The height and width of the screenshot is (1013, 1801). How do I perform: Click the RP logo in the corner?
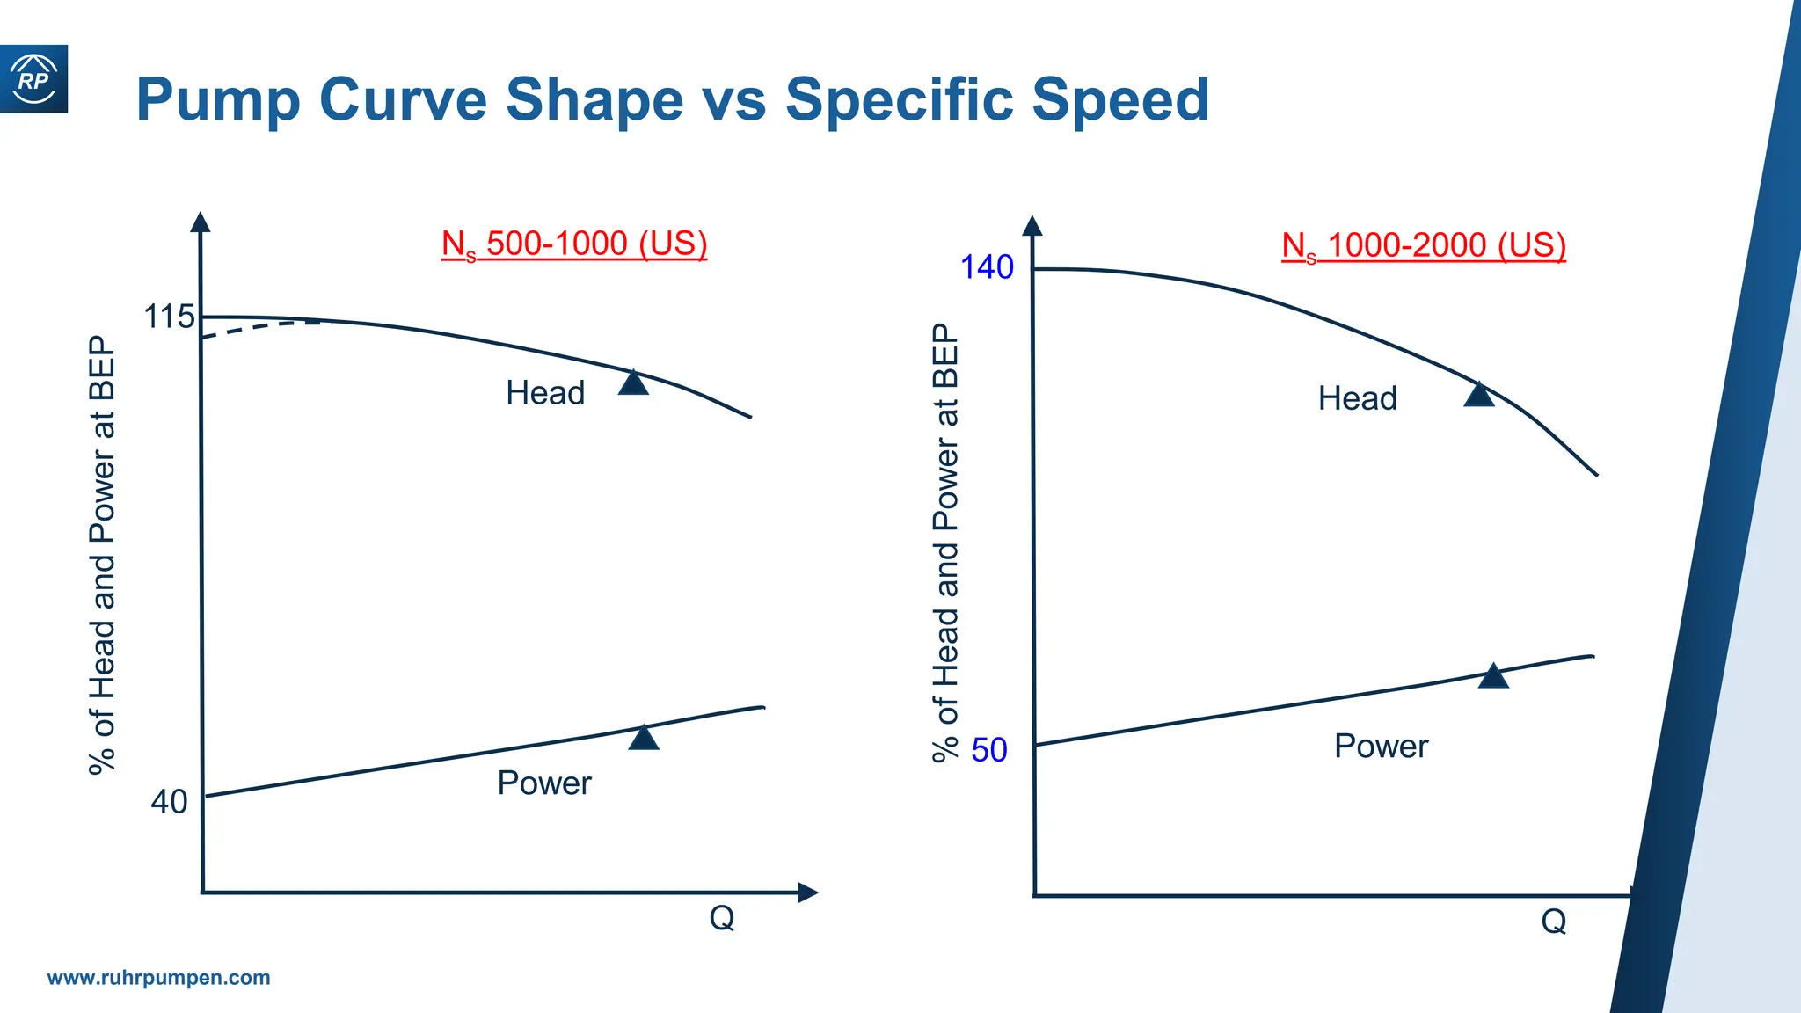click(x=33, y=79)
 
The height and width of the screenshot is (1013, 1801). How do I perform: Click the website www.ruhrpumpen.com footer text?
click(x=158, y=978)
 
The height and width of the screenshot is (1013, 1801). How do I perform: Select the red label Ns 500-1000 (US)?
click(x=574, y=244)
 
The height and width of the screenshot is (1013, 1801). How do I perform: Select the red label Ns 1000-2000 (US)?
click(x=1424, y=246)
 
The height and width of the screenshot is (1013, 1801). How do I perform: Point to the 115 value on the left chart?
click(x=169, y=317)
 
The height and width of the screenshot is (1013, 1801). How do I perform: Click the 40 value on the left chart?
click(x=169, y=802)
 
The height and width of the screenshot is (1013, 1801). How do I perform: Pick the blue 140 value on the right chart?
click(x=987, y=267)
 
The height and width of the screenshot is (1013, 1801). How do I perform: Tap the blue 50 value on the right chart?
click(x=989, y=750)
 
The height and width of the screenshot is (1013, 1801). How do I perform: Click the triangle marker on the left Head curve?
click(x=633, y=383)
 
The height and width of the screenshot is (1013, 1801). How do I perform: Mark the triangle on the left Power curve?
click(x=644, y=738)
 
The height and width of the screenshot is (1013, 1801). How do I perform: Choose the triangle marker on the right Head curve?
click(x=1479, y=395)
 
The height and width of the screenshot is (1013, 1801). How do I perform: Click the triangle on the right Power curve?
click(x=1493, y=676)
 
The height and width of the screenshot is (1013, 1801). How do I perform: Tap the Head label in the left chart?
click(x=545, y=393)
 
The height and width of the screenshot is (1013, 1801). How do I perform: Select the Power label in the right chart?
click(x=1381, y=747)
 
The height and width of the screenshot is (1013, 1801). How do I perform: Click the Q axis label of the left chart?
click(x=722, y=918)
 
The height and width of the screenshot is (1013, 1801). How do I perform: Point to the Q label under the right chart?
click(x=1554, y=922)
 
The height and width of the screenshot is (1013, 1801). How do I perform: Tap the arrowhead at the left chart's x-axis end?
click(x=807, y=893)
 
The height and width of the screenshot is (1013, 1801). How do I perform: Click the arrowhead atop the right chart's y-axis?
click(x=1033, y=226)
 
